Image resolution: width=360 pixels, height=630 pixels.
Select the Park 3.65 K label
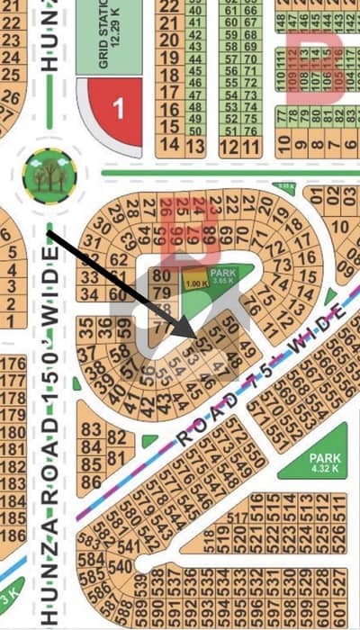[x=221, y=278]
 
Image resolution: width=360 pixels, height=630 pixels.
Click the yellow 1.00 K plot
[x=191, y=284]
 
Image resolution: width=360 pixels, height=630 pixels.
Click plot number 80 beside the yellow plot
[x=163, y=275]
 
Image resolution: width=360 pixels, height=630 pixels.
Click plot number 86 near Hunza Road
[x=90, y=481]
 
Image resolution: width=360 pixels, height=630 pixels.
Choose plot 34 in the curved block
[x=88, y=294]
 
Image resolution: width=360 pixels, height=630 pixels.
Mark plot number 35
[x=87, y=323]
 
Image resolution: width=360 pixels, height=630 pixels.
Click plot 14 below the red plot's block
[x=166, y=144]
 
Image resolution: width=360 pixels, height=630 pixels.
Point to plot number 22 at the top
[x=167, y=5]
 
